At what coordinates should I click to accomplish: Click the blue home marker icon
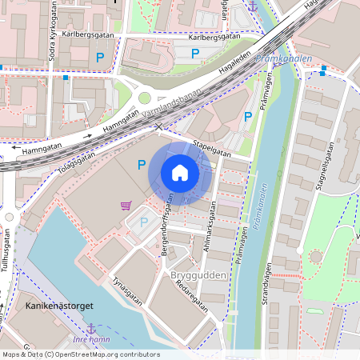(x=180, y=173)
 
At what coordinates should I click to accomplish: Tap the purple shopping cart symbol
(x=126, y=206)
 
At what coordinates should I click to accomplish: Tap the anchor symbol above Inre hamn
(x=90, y=327)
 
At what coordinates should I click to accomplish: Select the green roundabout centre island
(x=145, y=98)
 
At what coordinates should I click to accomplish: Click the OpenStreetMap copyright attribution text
(x=80, y=354)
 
